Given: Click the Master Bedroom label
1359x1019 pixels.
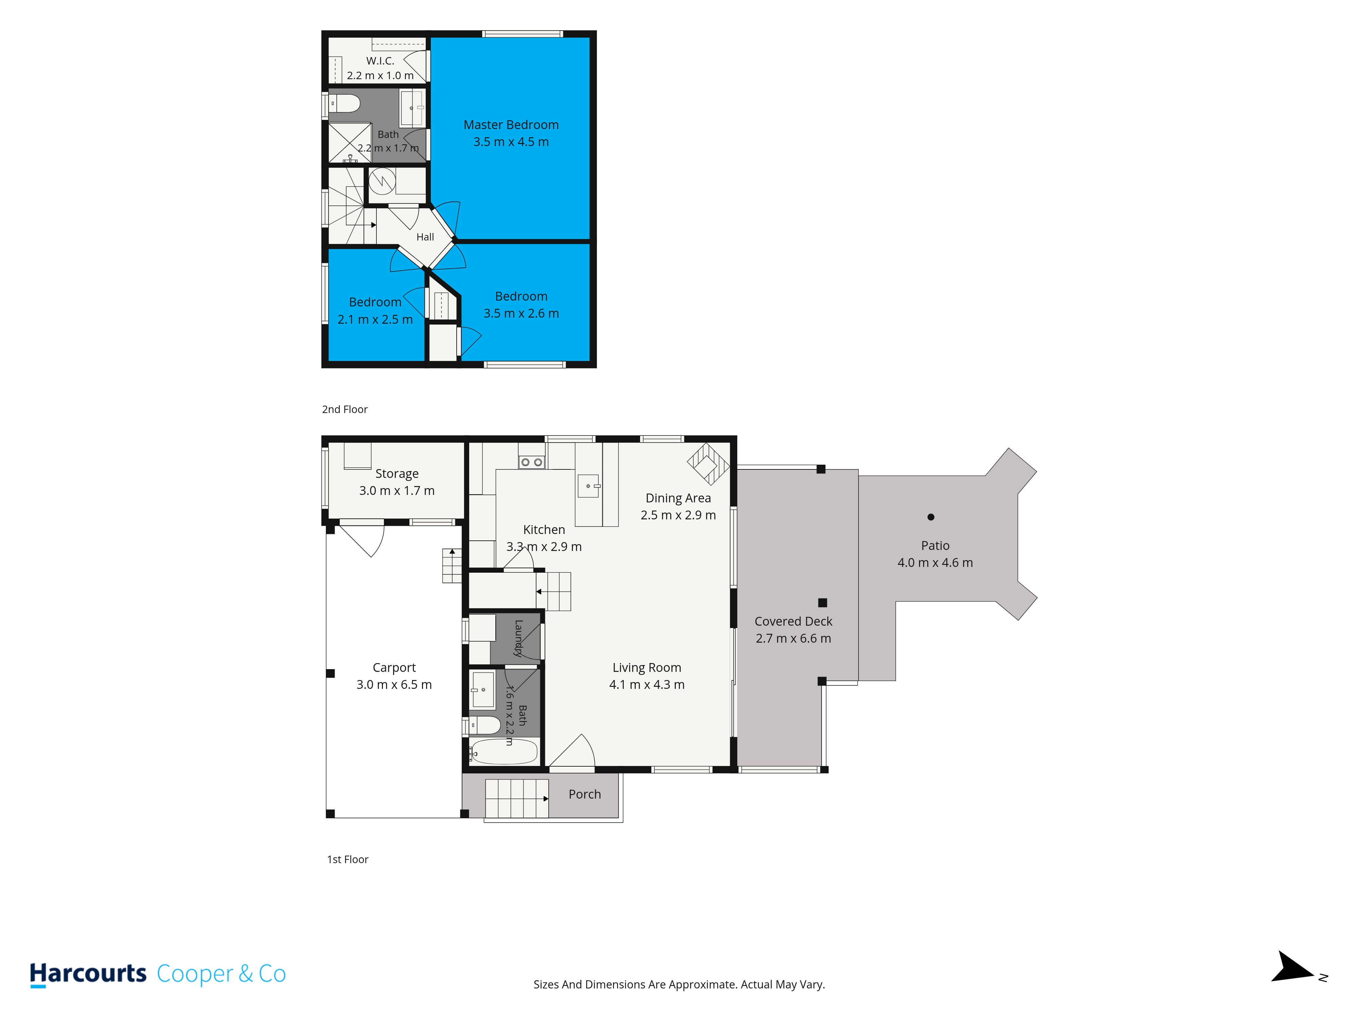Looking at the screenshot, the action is point(511,125).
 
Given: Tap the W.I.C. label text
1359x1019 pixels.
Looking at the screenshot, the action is point(380,61).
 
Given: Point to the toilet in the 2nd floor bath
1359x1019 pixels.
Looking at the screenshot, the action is point(344,103).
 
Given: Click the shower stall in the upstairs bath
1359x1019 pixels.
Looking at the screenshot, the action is point(350,143).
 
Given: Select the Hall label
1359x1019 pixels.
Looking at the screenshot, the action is point(425,237).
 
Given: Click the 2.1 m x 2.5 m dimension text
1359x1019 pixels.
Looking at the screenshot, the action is point(375,319).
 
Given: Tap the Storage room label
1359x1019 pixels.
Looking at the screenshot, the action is point(397,473).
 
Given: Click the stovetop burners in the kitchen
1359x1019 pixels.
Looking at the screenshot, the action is point(531,462).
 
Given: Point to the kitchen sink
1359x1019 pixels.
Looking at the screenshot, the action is point(588,486).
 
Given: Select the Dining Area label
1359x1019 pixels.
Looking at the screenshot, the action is point(678,498).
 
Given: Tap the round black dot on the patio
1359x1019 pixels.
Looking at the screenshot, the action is point(931,517).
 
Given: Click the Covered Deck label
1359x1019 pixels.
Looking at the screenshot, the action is point(793,622).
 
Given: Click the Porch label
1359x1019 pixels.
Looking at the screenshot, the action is point(585,794).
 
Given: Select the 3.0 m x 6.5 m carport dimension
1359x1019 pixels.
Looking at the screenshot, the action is point(394,685).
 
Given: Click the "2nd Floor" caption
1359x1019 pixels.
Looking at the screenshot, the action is point(345,410).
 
